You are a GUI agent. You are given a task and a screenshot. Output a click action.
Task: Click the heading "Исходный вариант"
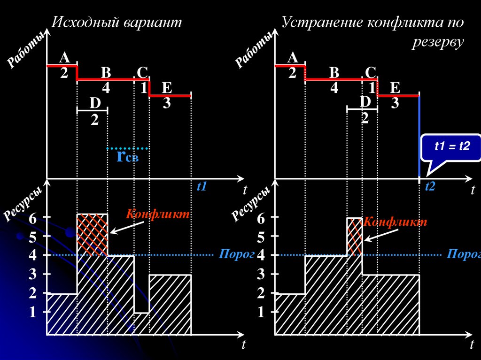point(116,23)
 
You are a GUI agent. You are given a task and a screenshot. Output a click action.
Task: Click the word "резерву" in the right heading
point(438,42)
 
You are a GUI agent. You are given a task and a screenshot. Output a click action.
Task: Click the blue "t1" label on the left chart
point(202,187)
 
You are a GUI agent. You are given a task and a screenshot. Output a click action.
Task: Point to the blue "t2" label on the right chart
point(430,187)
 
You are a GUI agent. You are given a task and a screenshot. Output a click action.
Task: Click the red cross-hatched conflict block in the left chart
point(92,234)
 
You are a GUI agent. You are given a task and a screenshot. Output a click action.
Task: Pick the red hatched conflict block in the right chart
point(355,236)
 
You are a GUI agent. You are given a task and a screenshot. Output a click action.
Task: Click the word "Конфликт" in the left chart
point(158,214)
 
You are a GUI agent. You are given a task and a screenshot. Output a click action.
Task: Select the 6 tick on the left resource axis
point(32,218)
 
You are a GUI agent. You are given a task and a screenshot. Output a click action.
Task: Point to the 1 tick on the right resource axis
point(261,313)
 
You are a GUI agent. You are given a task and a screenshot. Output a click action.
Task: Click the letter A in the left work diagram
point(64,58)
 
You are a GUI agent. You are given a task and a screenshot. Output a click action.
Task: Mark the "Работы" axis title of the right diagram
point(254,49)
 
